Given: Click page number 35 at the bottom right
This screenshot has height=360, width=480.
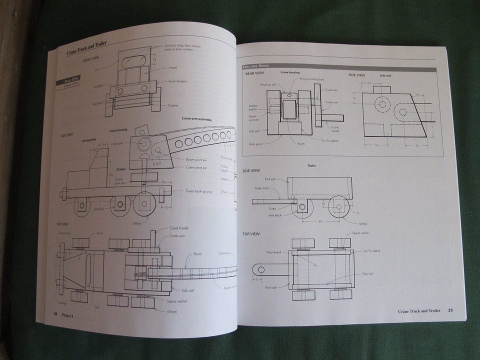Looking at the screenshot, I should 450,310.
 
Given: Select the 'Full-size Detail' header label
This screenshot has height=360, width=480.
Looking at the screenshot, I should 255,66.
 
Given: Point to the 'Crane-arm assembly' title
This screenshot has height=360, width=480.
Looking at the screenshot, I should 198,119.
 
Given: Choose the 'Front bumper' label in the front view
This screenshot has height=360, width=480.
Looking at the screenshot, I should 178,81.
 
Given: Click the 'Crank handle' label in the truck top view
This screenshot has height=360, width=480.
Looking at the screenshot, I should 179,228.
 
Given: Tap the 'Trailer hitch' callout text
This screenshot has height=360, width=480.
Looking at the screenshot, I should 262,188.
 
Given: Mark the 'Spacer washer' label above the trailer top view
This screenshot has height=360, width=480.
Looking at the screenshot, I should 360,233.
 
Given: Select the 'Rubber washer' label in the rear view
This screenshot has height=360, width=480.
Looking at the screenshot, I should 253,107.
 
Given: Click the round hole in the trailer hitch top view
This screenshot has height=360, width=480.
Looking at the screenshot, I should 261,269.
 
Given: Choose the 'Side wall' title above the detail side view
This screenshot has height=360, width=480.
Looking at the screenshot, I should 385,75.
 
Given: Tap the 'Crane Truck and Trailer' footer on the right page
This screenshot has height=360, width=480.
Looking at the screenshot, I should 419,310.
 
